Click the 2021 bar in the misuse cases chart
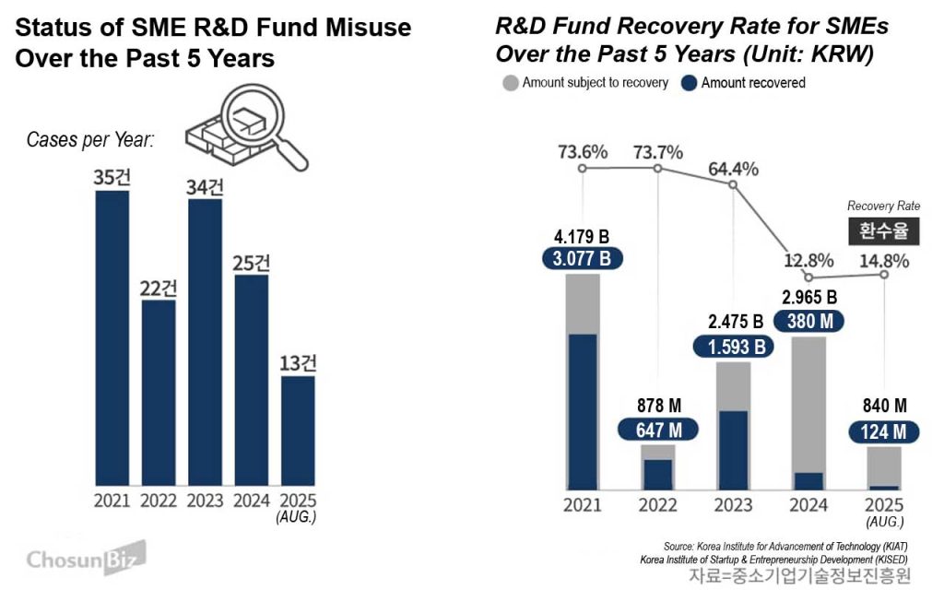(x=112, y=337)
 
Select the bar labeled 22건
(x=158, y=392)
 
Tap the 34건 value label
(x=205, y=185)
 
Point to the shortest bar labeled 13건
(x=298, y=430)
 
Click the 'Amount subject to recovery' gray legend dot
(x=510, y=83)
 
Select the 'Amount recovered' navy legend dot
(x=689, y=83)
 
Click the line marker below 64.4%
(x=733, y=185)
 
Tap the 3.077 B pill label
(x=583, y=258)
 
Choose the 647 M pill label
(x=658, y=430)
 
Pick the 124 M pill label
(x=883, y=430)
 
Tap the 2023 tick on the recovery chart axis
(x=733, y=505)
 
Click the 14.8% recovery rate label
(x=883, y=260)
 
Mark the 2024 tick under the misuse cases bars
(x=252, y=501)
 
